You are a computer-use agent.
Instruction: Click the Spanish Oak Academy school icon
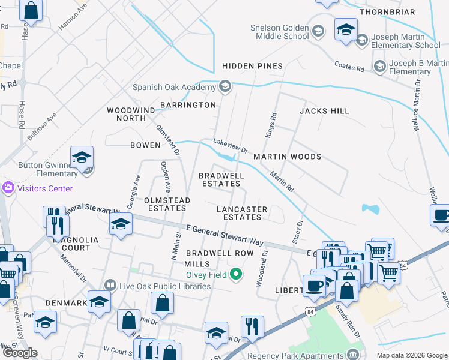tap(226, 87)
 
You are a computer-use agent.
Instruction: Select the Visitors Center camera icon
tap(8, 188)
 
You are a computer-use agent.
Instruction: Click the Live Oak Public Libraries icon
tap(110, 286)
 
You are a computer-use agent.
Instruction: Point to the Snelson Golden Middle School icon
tap(318, 31)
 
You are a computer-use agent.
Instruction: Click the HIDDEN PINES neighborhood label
tap(252, 66)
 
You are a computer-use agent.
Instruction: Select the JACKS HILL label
tap(324, 111)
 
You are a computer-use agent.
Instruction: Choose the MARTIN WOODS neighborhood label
tap(287, 157)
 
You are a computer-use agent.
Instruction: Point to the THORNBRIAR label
tap(387, 11)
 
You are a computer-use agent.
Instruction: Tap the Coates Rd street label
tap(349, 68)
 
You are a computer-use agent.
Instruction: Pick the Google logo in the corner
tap(20, 353)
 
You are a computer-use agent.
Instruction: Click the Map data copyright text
tap(411, 355)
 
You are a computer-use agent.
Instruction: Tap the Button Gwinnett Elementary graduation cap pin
tap(82, 158)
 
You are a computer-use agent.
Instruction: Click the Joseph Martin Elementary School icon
tap(361, 40)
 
